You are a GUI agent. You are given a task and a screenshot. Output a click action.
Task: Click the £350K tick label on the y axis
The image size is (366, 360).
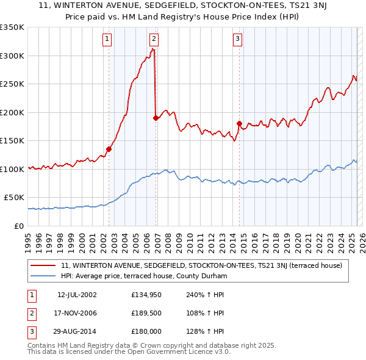pyautogui.click(x=12, y=27)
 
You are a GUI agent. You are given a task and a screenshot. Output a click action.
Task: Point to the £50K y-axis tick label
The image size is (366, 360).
pyautogui.click(x=15, y=198)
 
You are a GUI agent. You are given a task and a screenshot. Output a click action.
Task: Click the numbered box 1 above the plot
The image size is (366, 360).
pyautogui.click(x=107, y=39)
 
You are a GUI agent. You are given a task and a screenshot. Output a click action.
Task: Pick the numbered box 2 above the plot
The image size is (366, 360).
pyautogui.click(x=153, y=39)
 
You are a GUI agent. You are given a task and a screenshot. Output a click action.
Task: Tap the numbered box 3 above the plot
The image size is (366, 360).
pyautogui.click(x=237, y=39)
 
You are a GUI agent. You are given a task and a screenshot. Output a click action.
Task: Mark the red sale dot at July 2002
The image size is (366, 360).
pyautogui.click(x=109, y=149)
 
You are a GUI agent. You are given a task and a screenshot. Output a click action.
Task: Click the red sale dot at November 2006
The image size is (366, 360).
pyautogui.click(x=156, y=118)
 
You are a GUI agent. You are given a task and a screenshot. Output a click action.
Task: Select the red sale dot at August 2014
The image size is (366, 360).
pyautogui.click(x=239, y=124)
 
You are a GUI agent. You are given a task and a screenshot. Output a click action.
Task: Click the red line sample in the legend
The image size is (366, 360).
pyautogui.click(x=43, y=265)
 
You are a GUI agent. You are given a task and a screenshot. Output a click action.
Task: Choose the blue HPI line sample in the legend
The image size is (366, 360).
pyautogui.click(x=43, y=276)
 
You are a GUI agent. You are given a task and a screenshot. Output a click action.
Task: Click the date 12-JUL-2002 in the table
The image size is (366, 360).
pyautogui.click(x=76, y=294)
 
